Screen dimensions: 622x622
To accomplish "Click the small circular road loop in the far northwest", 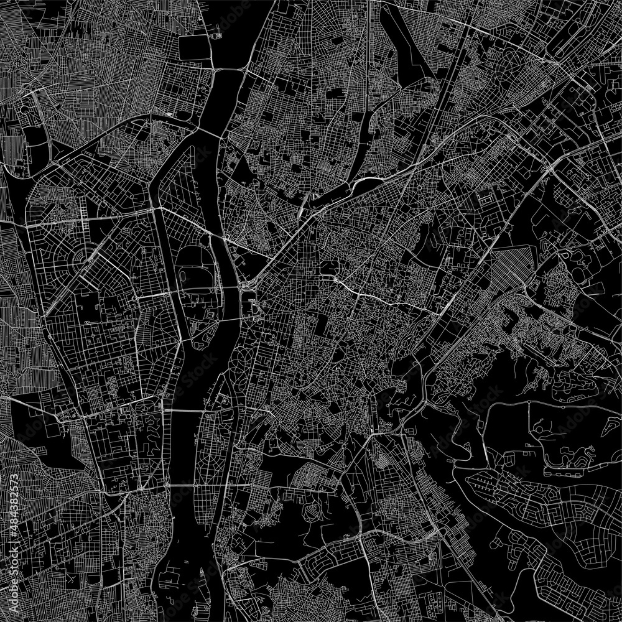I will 26,109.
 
